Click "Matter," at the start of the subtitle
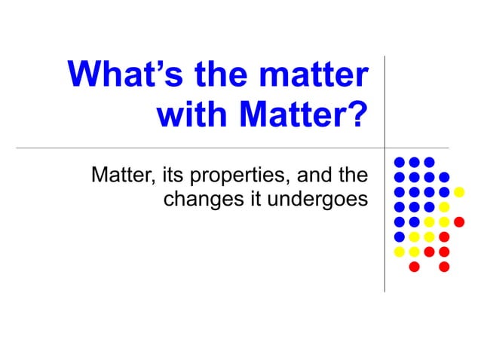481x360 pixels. (x=123, y=177)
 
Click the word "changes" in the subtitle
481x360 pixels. (x=198, y=200)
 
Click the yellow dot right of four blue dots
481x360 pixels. (x=458, y=191)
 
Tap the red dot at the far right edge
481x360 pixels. (x=458, y=221)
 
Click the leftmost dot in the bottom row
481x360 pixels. (x=414, y=267)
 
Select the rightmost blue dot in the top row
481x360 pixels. (x=429, y=162)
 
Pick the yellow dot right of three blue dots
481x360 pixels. (x=444, y=206)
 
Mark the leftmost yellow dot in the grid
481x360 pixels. (x=400, y=251)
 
